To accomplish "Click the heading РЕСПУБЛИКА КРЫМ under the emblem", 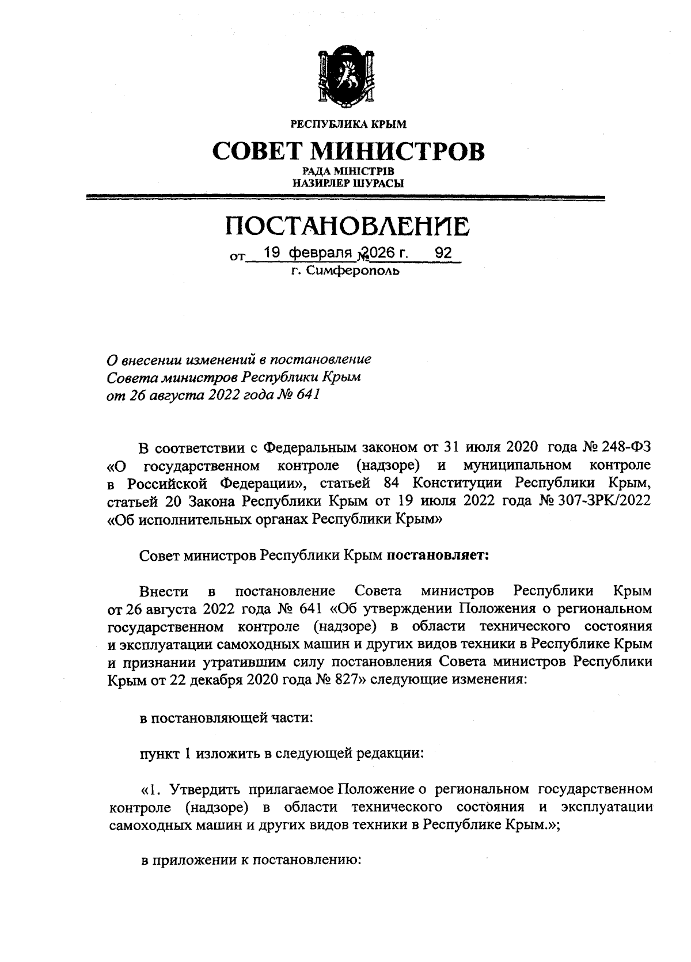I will click(348, 124).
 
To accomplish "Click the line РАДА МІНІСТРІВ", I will click(348, 172).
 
